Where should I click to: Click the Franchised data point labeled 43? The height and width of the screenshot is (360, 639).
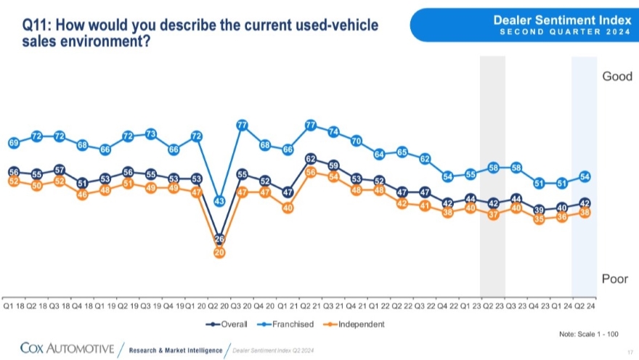click(219, 200)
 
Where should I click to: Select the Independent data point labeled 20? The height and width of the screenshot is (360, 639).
click(219, 252)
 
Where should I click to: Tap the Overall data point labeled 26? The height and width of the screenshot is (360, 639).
click(219, 239)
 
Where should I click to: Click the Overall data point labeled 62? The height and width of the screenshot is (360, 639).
click(311, 158)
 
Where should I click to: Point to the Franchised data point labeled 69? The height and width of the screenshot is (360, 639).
click(13, 143)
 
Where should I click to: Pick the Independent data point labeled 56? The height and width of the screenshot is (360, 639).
click(311, 172)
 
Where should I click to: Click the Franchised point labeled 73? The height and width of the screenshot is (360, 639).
click(150, 134)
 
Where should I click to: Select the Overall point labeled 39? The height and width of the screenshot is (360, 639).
click(539, 210)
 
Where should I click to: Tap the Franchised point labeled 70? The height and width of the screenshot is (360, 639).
click(357, 141)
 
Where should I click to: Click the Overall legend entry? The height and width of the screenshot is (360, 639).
click(227, 324)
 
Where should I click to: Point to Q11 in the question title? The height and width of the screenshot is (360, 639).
click(37, 26)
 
